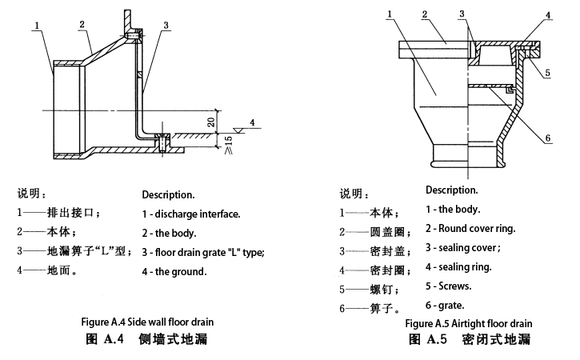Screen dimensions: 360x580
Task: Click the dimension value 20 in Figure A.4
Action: point(210,122)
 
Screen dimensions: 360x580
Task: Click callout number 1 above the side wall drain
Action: point(38,25)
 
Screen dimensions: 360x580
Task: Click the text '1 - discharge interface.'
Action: point(191,214)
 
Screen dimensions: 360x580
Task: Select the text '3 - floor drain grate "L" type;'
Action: point(203,252)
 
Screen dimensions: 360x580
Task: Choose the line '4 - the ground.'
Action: point(174,271)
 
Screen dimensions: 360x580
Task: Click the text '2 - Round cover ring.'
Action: point(470,228)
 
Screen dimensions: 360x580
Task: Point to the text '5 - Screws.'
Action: point(449,286)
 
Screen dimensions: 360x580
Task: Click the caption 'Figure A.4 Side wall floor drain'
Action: point(147,322)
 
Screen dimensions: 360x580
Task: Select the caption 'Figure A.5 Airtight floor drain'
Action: point(468,323)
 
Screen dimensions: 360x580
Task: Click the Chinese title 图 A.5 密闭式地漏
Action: point(469,339)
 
